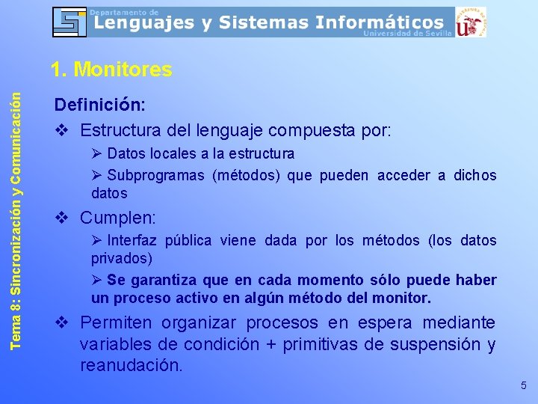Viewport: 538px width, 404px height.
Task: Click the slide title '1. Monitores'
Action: (111, 70)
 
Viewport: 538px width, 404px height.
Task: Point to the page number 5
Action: (523, 385)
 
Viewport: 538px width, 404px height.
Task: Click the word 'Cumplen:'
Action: (118, 218)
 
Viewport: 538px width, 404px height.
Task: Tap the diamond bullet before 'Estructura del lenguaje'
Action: (63, 130)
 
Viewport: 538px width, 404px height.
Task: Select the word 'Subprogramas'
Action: (155, 176)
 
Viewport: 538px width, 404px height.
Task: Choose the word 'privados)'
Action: (122, 259)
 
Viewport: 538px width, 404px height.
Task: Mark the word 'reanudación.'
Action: (132, 366)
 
